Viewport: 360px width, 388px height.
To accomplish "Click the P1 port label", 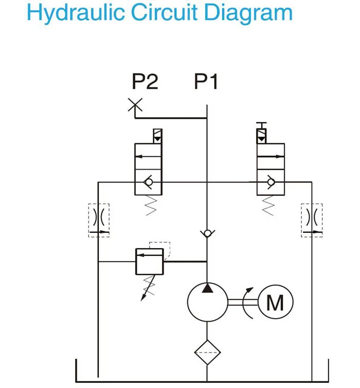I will click(x=207, y=81).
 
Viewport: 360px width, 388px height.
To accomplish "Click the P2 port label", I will click(x=145, y=81).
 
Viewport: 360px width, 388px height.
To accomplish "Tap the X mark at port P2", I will click(x=135, y=105).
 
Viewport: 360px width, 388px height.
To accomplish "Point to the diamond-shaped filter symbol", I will click(x=207, y=352).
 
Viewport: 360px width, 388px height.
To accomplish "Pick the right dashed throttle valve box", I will click(x=312, y=220).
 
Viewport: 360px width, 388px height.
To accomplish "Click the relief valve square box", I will click(x=149, y=262).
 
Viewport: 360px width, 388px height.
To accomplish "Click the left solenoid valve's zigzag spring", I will click(x=150, y=206).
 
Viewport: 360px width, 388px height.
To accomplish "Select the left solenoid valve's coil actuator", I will click(x=156, y=136).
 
